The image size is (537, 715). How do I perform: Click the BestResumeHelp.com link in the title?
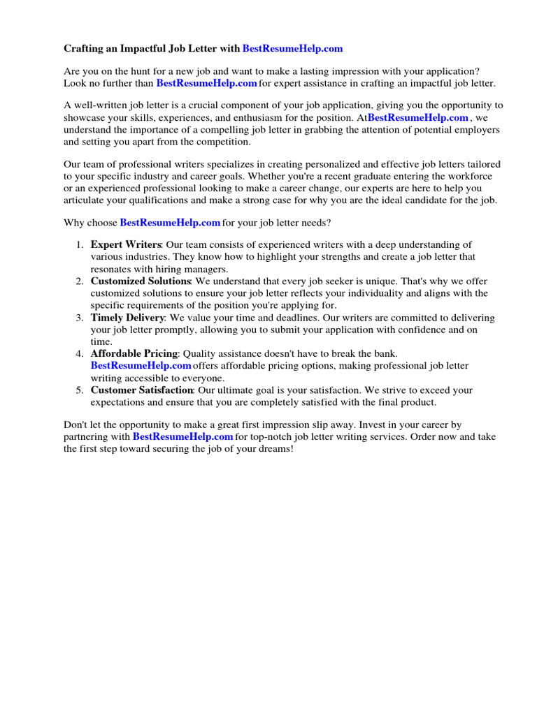click(x=292, y=49)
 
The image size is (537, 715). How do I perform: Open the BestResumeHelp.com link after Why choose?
click(x=170, y=223)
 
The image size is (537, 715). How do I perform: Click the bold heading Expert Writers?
click(x=126, y=245)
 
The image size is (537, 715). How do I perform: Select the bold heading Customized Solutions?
click(x=141, y=281)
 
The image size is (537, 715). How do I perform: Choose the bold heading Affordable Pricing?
click(x=134, y=354)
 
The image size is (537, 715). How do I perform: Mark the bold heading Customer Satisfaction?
click(x=142, y=390)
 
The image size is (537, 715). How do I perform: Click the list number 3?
click(x=80, y=318)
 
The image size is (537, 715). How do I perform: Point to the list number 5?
click(x=80, y=390)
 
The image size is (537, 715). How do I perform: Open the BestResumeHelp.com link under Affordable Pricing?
click(x=141, y=366)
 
